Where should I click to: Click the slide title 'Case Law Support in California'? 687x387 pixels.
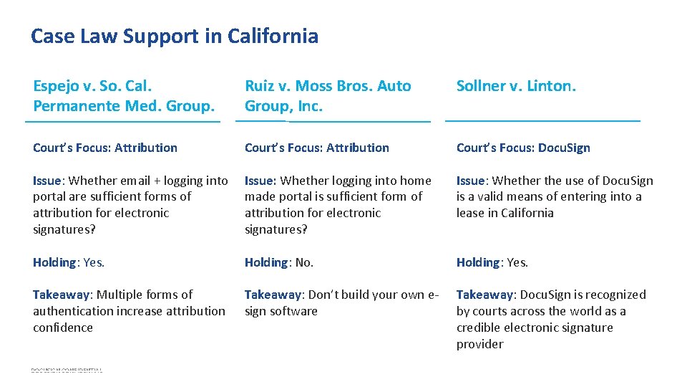[175, 36]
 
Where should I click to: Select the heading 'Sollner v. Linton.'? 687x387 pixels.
[516, 86]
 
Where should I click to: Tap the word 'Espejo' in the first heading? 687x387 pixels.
[55, 87]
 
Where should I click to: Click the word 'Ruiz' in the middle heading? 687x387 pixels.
[259, 86]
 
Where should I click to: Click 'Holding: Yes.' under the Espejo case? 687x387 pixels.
[69, 262]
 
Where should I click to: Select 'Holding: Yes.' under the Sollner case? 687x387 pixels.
[492, 262]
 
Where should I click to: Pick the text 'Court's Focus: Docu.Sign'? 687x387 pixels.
[523, 148]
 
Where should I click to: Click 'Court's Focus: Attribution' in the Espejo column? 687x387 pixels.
[105, 148]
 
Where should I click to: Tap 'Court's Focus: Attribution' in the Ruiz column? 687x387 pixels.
[317, 148]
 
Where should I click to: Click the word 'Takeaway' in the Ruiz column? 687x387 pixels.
[272, 295]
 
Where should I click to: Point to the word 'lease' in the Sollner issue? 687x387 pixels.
[471, 213]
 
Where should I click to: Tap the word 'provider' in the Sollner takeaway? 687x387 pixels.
[479, 344]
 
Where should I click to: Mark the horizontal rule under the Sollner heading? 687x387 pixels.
[542, 120]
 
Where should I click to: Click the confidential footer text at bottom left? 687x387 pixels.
[67, 370]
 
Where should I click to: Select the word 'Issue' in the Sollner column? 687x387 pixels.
[470, 181]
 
